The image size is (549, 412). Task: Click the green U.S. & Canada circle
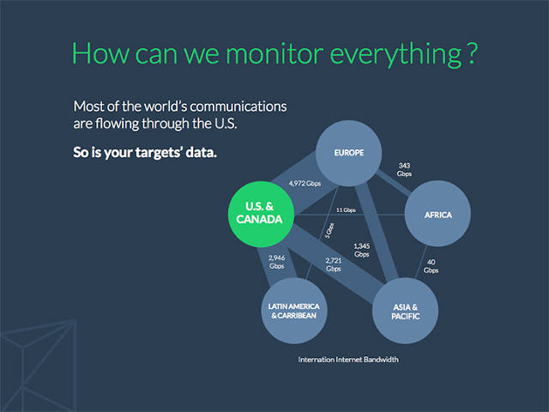click(261, 214)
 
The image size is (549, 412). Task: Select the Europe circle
click(349, 153)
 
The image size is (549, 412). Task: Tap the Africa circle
click(437, 214)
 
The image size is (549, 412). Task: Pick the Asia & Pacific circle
click(405, 311)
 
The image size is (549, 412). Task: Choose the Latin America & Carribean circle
click(294, 311)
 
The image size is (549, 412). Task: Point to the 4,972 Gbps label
click(305, 183)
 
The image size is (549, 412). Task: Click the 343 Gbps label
click(404, 170)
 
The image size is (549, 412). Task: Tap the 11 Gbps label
click(346, 209)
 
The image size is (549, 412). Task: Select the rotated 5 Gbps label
click(329, 231)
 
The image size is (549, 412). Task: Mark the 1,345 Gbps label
click(362, 250)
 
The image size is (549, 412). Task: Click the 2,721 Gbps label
click(334, 264)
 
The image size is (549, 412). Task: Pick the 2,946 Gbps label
click(276, 262)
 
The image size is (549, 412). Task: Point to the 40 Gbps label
click(431, 266)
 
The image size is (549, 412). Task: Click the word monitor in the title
click(274, 53)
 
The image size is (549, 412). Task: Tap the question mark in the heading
click(472, 53)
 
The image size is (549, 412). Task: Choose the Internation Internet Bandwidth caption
click(348, 360)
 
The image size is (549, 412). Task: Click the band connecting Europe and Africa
click(393, 183)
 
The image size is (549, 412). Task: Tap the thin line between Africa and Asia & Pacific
click(421, 262)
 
